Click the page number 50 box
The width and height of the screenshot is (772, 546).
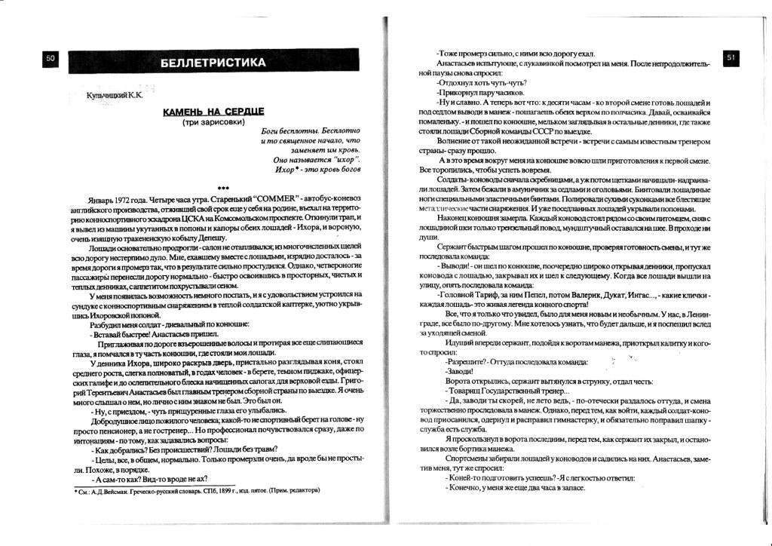click(51, 60)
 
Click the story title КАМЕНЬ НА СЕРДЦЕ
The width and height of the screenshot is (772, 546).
click(214, 112)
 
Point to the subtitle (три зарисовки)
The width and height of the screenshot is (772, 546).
click(214, 123)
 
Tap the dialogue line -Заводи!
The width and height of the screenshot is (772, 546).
click(459, 371)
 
